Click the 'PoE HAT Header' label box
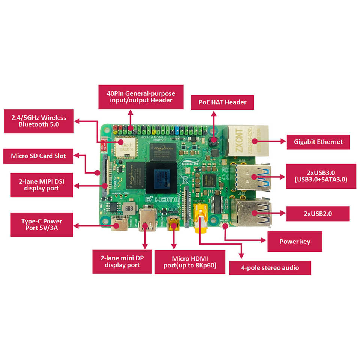222,102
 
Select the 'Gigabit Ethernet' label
318,142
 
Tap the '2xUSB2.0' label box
318,213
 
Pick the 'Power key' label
295,241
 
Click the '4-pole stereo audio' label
270,268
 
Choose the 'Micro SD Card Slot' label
38,156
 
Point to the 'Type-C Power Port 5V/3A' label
41,225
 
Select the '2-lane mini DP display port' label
122,261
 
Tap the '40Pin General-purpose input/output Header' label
141,97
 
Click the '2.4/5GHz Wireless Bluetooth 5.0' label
39,121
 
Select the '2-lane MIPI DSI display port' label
41,185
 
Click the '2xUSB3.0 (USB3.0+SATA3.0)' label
321,176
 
